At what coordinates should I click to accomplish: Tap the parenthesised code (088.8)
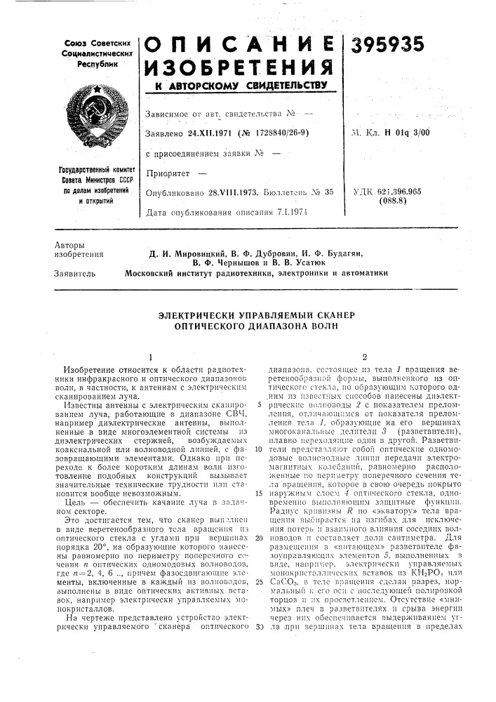429,200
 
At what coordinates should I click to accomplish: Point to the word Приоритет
167,171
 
